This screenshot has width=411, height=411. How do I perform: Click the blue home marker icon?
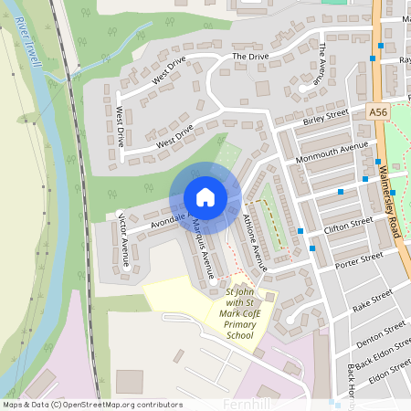(205, 196)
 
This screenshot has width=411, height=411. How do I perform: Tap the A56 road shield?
(380, 111)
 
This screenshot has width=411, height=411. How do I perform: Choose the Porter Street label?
(358, 260)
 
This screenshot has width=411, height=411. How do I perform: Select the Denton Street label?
(381, 333)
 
